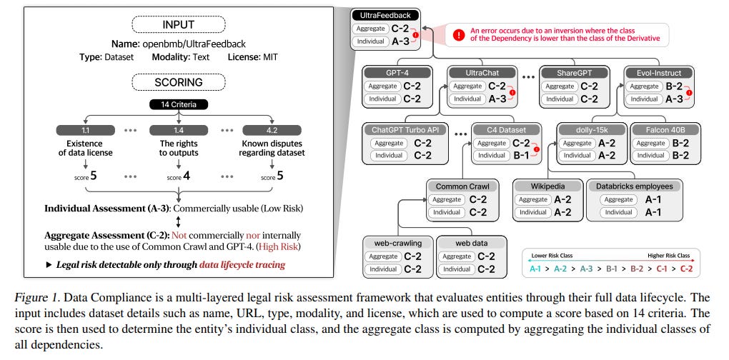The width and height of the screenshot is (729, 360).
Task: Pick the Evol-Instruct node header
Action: (658, 72)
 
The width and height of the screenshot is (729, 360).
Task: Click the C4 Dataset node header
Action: (506, 129)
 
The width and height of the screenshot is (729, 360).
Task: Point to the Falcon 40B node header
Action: (663, 129)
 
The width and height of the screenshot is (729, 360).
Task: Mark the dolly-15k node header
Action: (590, 129)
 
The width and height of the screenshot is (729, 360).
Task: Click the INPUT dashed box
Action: (176, 25)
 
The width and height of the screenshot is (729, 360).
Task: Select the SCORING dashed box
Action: (176, 81)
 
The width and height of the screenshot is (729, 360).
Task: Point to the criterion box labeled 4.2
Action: (272, 130)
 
